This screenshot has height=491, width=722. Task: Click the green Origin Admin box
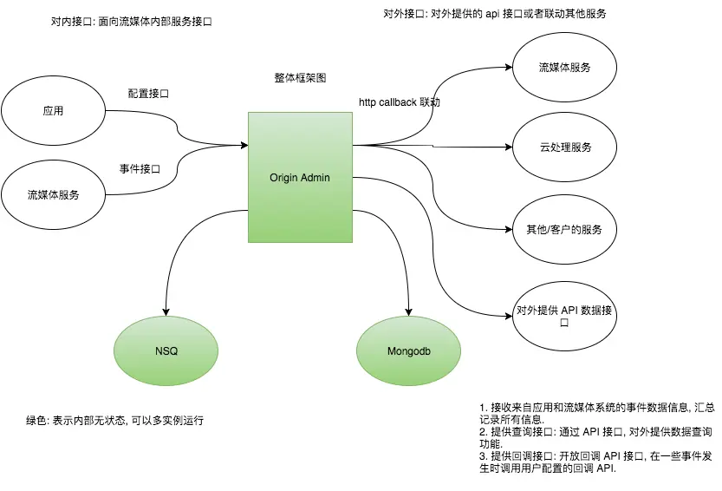pos(300,177)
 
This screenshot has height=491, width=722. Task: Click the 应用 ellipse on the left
pos(53,111)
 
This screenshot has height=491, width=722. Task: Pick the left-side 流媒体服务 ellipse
pos(53,195)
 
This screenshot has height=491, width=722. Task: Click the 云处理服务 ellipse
pos(565,147)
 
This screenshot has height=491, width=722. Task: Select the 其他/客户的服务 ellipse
pos(565,230)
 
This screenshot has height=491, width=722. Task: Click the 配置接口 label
pos(148,94)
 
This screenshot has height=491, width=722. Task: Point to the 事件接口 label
pos(140,168)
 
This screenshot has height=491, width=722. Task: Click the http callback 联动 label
pos(400,102)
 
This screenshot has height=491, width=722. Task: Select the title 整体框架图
pos(300,77)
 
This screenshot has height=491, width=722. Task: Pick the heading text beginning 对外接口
pos(494,14)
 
